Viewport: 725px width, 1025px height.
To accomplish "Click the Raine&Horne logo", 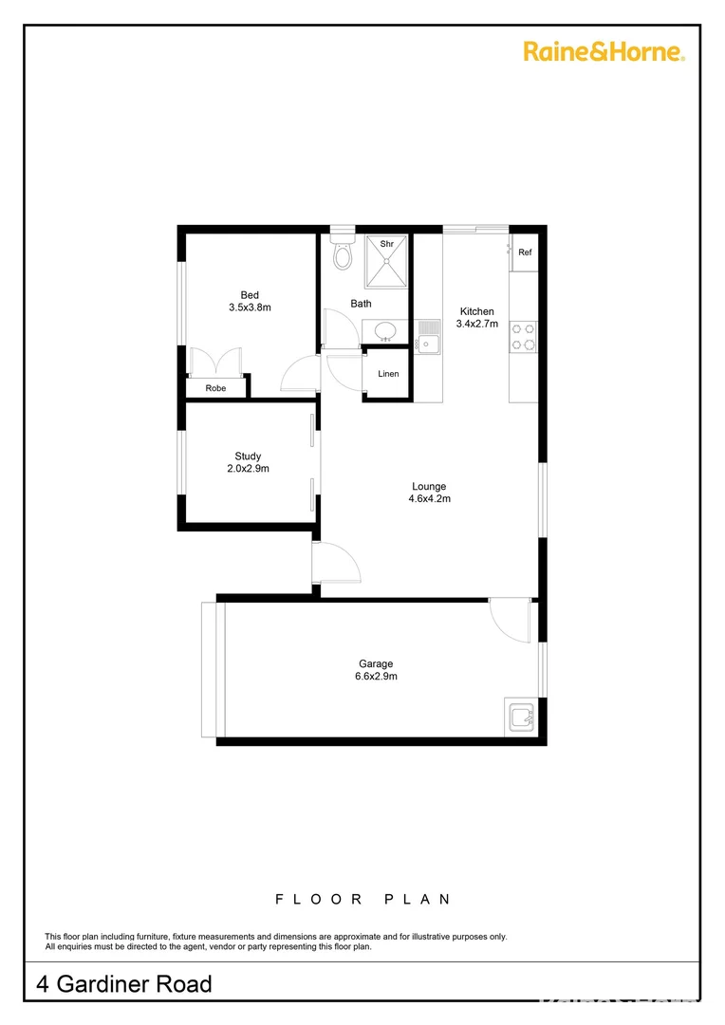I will pos(604,51).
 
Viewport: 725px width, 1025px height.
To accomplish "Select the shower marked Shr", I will pos(387,261).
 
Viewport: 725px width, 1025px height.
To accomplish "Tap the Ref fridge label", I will pos(525,252).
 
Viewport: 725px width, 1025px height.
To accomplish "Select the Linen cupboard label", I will pos(388,374).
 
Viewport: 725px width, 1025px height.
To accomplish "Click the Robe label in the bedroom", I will pos(215,388).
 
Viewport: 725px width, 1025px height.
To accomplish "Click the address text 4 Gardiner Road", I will pos(124,984).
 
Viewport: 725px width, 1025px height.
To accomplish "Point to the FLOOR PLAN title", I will pos(362,899).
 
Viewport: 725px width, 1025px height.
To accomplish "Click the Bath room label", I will pos(361,304).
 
